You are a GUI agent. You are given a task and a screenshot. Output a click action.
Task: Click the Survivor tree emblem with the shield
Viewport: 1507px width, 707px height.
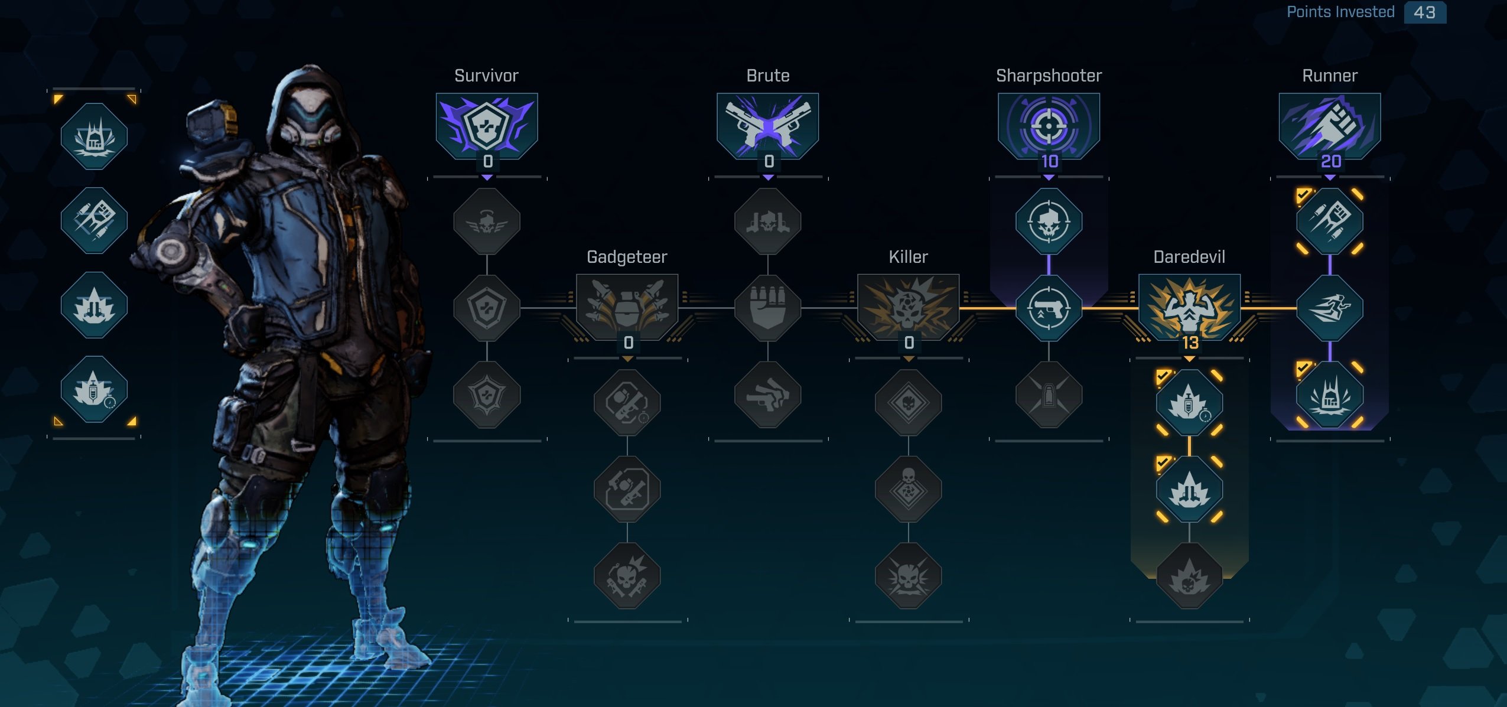(x=487, y=125)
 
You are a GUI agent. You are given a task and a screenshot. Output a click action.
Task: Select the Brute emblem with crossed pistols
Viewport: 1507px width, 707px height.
(x=767, y=125)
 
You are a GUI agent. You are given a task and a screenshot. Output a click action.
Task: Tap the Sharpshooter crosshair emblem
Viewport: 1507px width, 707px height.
(x=1049, y=125)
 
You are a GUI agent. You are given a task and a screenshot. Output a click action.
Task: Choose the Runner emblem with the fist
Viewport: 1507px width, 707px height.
(x=1330, y=125)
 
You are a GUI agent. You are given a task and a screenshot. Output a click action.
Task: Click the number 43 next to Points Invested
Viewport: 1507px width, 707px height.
(x=1424, y=12)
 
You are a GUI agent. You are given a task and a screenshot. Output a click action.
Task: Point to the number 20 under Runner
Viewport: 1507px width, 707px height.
(x=1331, y=161)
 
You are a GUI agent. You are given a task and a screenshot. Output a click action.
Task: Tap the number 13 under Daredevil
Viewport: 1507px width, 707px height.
(x=1190, y=343)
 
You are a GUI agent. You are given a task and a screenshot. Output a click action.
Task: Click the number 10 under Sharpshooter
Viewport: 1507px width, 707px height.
(x=1049, y=161)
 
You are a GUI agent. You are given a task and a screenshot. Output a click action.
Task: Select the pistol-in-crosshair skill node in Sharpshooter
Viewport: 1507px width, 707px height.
(x=1049, y=308)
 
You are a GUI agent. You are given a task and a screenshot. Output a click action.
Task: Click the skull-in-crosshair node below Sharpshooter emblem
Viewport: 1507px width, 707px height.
(x=1049, y=221)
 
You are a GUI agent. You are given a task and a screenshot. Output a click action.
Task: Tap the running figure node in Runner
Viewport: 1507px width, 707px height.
(x=1330, y=308)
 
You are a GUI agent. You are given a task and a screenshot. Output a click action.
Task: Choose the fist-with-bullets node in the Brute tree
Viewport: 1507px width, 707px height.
(x=767, y=308)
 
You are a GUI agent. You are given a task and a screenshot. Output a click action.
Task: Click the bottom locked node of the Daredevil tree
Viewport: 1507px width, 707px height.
(x=1189, y=576)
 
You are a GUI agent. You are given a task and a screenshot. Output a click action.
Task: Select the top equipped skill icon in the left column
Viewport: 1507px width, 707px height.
(x=94, y=136)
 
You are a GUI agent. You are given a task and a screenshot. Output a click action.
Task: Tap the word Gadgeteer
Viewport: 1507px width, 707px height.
(x=627, y=257)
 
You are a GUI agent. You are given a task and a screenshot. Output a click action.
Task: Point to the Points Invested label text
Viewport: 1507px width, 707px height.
(x=1340, y=12)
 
